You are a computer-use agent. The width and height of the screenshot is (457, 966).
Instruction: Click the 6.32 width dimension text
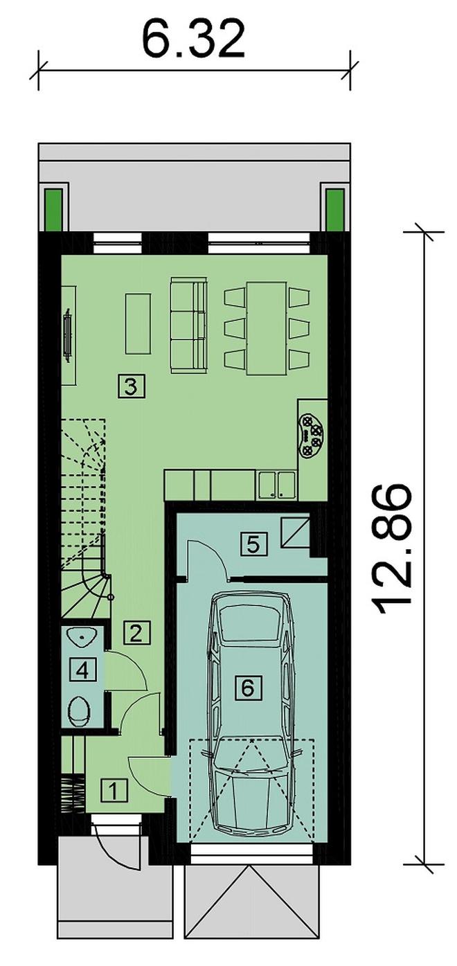tap(194, 39)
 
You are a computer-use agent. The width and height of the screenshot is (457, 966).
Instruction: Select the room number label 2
tap(136, 634)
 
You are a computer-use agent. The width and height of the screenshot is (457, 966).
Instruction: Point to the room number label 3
tap(131, 386)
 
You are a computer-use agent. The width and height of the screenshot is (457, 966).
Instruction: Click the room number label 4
tap(82, 670)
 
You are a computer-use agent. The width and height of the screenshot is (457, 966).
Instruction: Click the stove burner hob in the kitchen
tap(312, 437)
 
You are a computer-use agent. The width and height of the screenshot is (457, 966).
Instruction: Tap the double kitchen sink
tap(277, 485)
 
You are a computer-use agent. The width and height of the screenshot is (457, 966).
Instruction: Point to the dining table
tap(267, 328)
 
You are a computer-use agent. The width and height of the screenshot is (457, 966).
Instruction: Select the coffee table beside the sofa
tap(138, 323)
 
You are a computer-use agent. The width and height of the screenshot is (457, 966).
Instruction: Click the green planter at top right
tap(334, 211)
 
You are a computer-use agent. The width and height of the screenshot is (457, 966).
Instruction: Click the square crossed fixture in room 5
tap(296, 532)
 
